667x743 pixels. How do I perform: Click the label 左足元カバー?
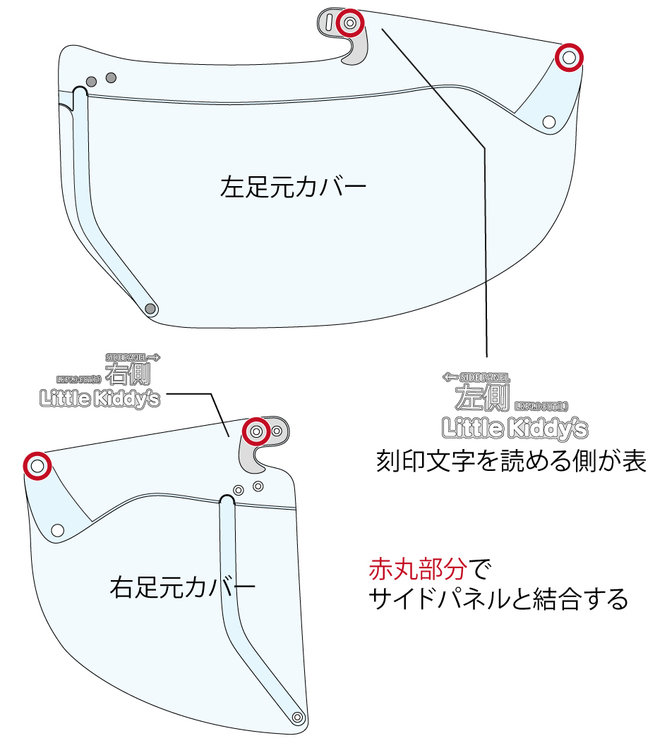pos(293,188)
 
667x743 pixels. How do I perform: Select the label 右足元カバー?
pos(182,587)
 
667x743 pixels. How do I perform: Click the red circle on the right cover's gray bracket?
pos(256,430)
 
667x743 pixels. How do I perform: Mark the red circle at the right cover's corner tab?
pos(37,465)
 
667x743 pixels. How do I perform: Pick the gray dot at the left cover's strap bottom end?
pos(150,308)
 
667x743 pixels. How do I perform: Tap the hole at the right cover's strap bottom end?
pos(298,717)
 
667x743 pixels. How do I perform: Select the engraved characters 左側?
pos(481,398)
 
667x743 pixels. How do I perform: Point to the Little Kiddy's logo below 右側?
pos(99,399)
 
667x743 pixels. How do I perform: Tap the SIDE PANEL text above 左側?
pos(476,378)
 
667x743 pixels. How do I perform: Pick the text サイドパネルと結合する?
pos(498,600)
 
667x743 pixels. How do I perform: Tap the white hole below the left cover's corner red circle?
pos(548,122)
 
